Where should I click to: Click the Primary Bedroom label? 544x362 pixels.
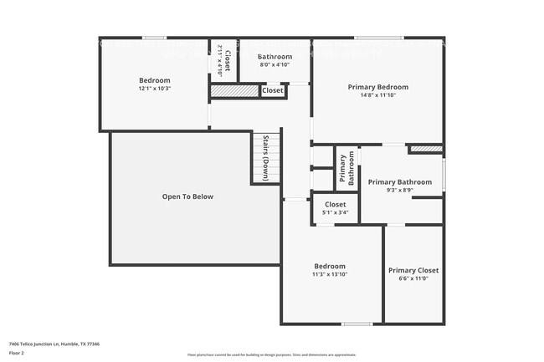tap(378, 87)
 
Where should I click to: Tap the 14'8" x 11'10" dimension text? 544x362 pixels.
tap(378, 95)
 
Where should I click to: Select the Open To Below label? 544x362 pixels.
tap(187, 196)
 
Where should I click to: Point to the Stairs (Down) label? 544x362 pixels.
tap(265, 158)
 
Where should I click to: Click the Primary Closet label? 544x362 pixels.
tap(413, 270)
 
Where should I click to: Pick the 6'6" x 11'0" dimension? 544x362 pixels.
tap(413, 279)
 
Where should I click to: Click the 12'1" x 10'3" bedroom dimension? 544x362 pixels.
tap(155, 88)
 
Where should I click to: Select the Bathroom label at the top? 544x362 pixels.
tap(275, 56)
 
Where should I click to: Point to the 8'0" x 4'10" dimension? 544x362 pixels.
tap(275, 64)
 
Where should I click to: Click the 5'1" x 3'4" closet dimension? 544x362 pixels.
tap(335, 212)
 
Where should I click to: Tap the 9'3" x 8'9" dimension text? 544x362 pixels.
tap(400, 191)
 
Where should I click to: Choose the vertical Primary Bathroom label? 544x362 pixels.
tap(346, 169)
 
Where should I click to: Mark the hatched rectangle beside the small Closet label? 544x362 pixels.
tap(234, 90)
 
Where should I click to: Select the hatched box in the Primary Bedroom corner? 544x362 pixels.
tap(425, 149)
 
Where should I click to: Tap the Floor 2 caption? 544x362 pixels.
tap(18, 353)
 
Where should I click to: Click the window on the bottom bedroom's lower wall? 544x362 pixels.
tap(357, 324)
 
